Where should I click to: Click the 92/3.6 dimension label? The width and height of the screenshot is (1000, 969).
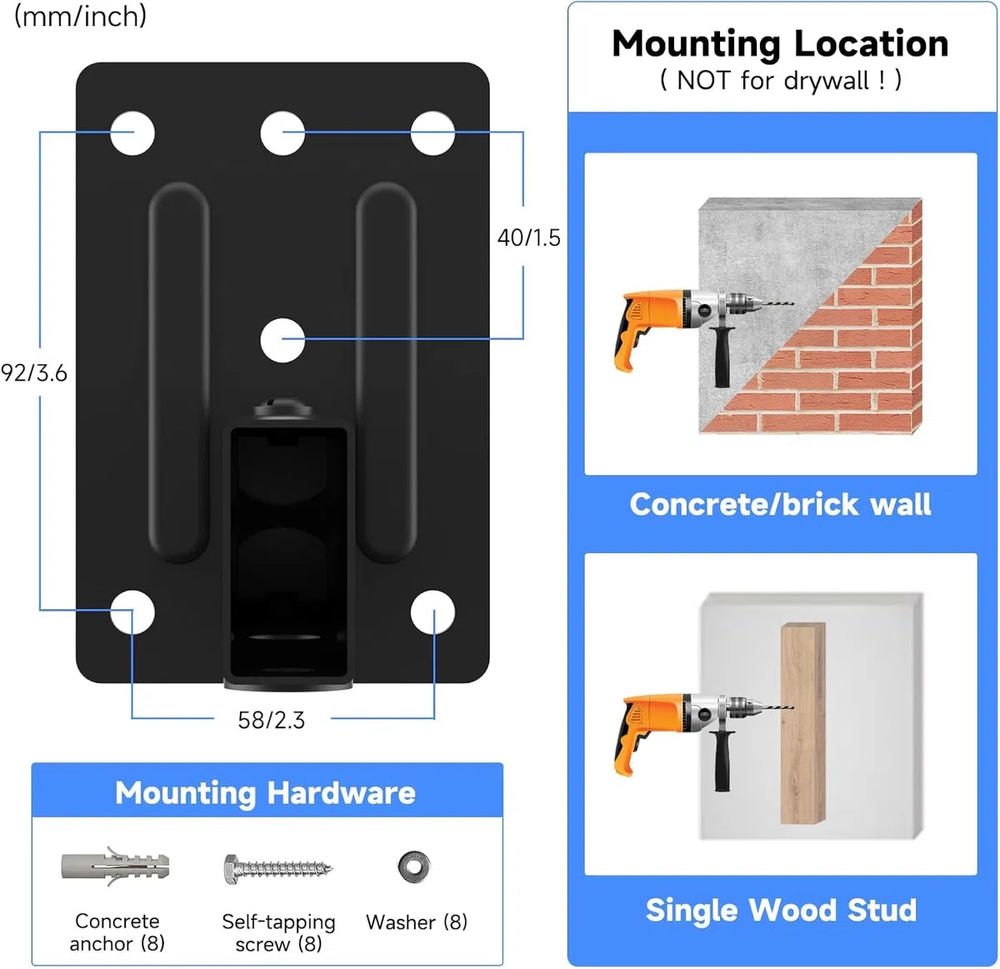(x=34, y=373)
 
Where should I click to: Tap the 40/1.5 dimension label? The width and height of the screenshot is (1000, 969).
(x=529, y=238)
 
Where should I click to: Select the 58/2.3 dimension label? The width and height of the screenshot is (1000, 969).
(x=272, y=720)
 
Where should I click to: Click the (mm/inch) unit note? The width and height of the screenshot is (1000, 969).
(x=80, y=17)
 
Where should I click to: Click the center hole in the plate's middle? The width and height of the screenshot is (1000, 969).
(x=282, y=340)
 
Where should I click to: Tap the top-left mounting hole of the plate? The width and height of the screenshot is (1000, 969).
(x=132, y=133)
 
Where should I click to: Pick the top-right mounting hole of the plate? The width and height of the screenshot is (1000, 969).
(x=432, y=133)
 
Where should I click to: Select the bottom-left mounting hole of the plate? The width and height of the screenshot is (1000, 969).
(x=132, y=612)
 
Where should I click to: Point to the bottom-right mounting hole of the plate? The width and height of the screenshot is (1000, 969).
(x=432, y=612)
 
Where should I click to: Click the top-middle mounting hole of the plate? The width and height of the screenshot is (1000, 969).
(x=282, y=133)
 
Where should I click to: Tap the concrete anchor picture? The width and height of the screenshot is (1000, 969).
(x=116, y=867)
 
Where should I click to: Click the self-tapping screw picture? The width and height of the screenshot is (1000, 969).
(x=278, y=869)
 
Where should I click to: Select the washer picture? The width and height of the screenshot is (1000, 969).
(x=414, y=867)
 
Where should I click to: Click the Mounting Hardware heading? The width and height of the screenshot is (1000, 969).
(x=266, y=792)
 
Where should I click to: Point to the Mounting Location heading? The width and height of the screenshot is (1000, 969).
(x=781, y=45)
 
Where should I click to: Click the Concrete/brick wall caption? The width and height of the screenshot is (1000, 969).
(x=780, y=504)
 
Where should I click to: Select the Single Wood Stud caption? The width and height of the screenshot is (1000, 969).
(x=781, y=910)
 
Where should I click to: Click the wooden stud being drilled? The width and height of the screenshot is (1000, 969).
(x=802, y=723)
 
